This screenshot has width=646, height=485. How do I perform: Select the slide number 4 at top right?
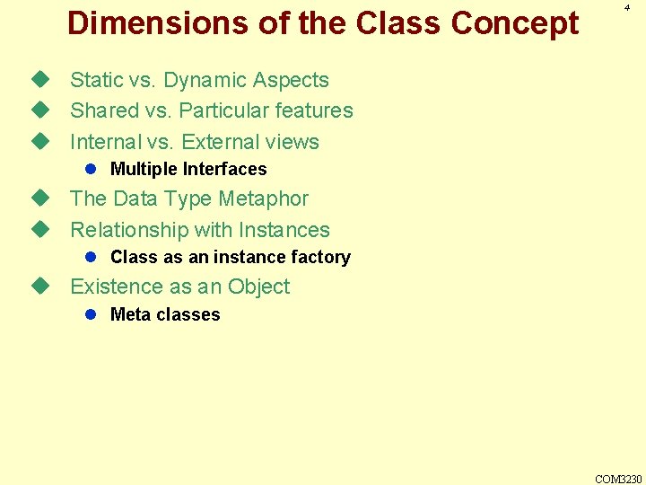(x=627, y=7)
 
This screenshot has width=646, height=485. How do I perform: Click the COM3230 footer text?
(x=618, y=479)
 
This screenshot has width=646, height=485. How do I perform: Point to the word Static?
(x=96, y=80)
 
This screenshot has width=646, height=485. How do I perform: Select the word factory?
(x=324, y=257)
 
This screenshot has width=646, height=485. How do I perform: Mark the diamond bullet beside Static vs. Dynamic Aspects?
(x=39, y=80)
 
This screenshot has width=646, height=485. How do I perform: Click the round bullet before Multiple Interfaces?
(x=91, y=169)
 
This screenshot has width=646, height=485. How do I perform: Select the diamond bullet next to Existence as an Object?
(x=39, y=287)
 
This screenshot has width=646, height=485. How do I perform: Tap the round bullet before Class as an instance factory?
(x=91, y=257)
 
